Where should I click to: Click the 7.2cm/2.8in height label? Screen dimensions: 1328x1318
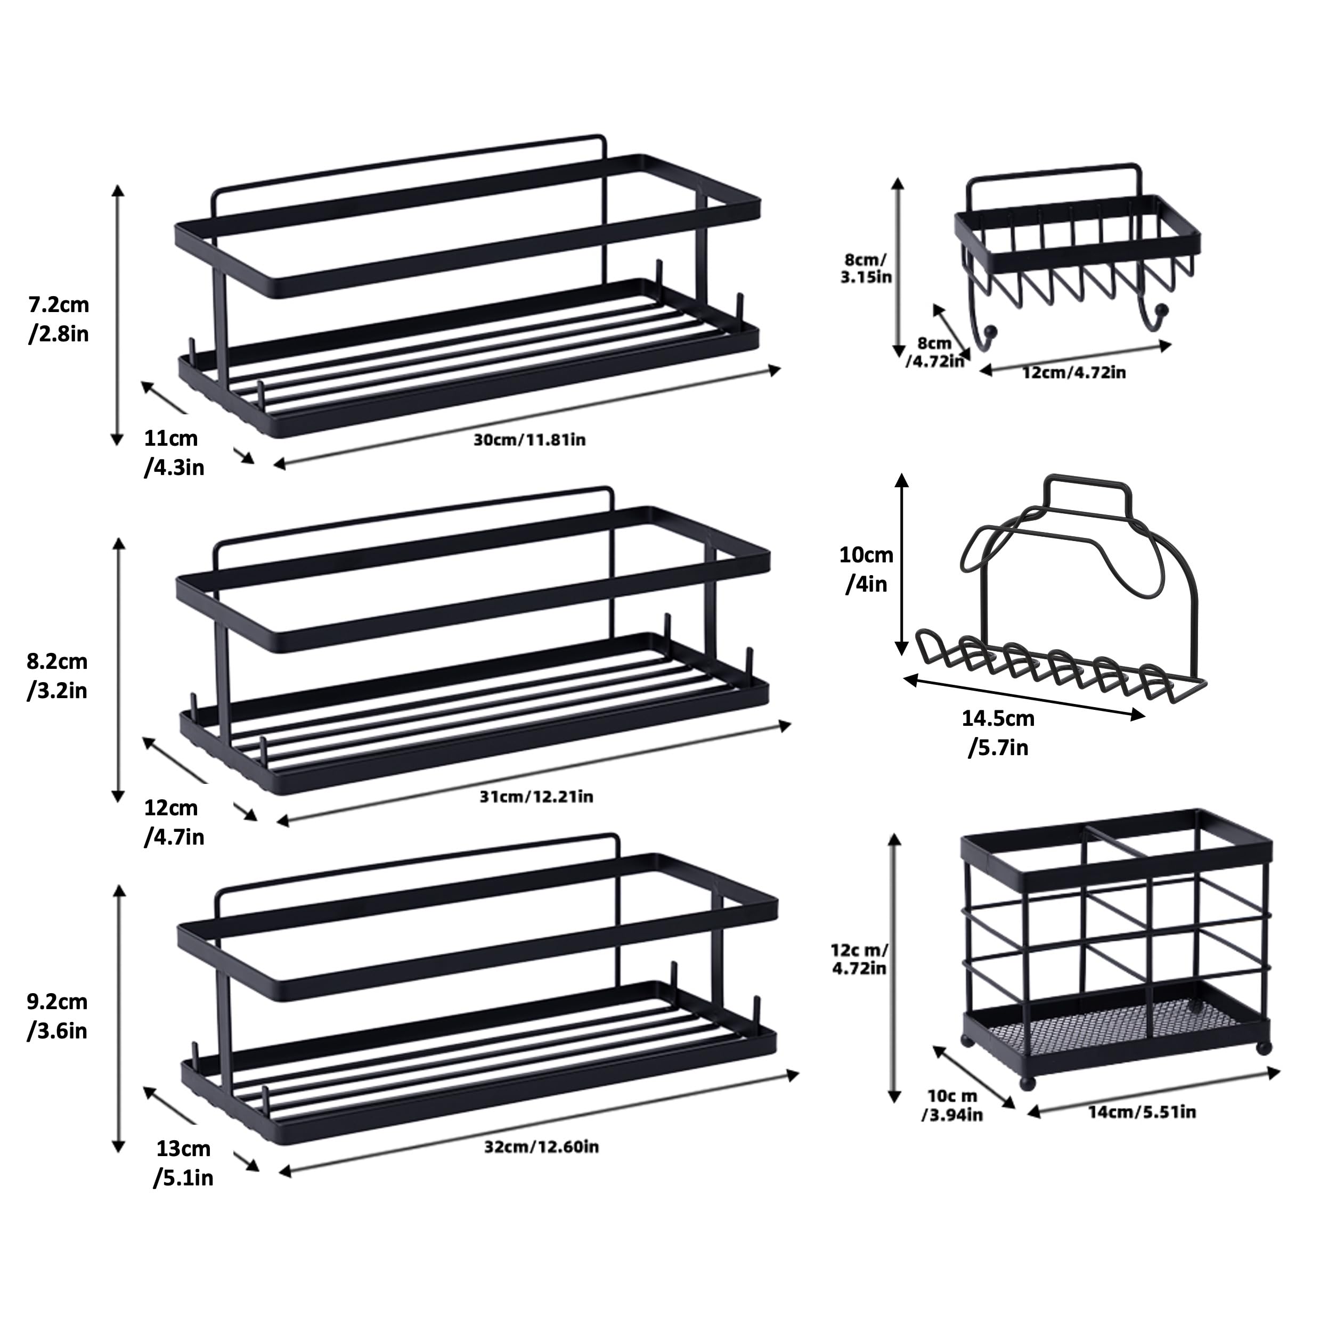click(x=59, y=319)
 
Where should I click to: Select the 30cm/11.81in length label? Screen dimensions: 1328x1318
click(x=529, y=439)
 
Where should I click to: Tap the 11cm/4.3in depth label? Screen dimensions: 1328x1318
click(x=174, y=453)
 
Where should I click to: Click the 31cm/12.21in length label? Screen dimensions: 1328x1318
click(x=536, y=797)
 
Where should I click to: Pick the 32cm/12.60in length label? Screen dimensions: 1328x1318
click(x=541, y=1147)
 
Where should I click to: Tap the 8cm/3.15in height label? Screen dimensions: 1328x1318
click(x=866, y=268)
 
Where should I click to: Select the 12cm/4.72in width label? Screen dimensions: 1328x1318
click(x=1074, y=372)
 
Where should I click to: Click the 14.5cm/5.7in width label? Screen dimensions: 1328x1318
click(x=997, y=733)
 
